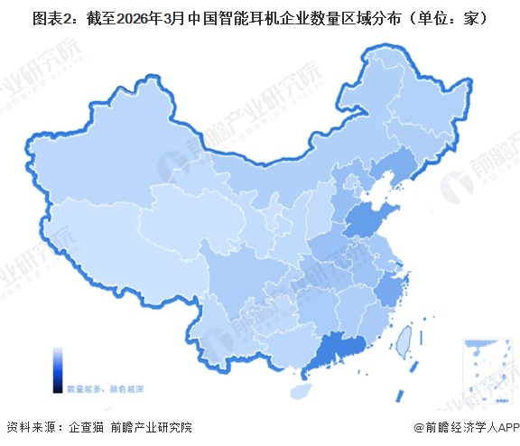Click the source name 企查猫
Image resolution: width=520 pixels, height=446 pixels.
coord(88,427)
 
